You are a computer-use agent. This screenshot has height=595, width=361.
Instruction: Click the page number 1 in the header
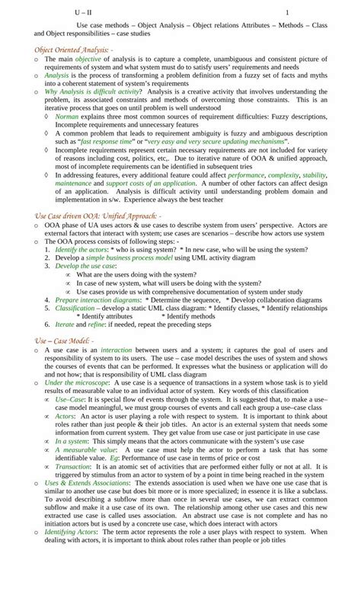(x=287, y=13)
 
